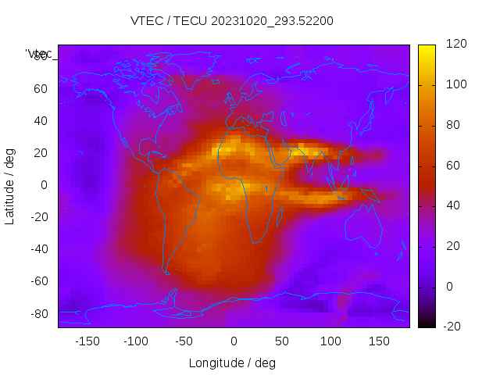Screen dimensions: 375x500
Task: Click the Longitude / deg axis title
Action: tap(232, 363)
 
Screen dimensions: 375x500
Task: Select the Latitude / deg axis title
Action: tap(10, 185)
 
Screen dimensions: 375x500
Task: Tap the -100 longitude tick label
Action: tap(135, 341)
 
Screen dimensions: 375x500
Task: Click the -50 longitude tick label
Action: tap(184, 341)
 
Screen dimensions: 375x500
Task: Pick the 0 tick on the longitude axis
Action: tap(233, 341)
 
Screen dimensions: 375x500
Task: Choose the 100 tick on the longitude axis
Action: tap(330, 341)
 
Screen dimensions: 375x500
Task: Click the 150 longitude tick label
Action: tap(379, 341)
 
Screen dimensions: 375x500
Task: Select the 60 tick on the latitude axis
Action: tap(41, 89)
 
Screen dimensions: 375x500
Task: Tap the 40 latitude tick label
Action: tap(41, 121)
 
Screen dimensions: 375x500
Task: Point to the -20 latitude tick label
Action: tap(38, 217)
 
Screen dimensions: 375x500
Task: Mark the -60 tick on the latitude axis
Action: tap(38, 281)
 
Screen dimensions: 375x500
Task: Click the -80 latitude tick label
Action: tap(38, 313)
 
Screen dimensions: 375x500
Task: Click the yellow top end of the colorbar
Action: tap(427, 48)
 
